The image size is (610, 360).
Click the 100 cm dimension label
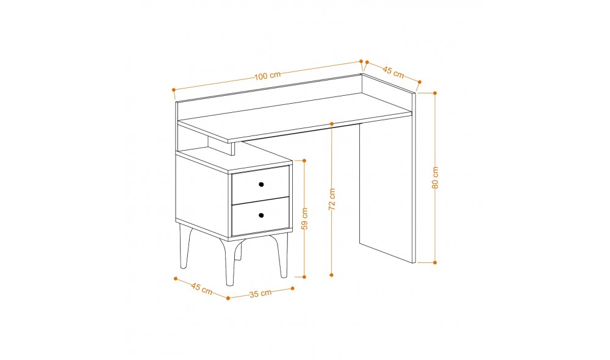click(x=268, y=76)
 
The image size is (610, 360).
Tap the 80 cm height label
click(x=436, y=178)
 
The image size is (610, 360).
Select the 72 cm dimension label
click(x=332, y=200)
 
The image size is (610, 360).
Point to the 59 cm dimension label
click(x=304, y=218)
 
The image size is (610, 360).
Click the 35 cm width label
click(x=260, y=293)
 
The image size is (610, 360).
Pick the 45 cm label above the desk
click(x=393, y=72)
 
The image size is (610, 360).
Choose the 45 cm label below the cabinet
click(x=201, y=289)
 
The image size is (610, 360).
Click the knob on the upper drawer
click(x=261, y=184)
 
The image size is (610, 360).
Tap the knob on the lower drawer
click(x=261, y=215)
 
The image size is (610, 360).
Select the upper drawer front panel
click(x=260, y=184)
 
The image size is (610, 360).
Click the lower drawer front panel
click(x=260, y=216)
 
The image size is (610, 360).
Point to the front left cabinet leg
click(x=184, y=246)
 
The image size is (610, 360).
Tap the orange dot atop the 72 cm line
click(x=331, y=124)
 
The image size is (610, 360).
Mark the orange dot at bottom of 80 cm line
click(x=435, y=263)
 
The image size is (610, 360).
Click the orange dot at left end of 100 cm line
click(x=173, y=90)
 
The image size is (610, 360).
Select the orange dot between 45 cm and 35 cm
click(x=228, y=298)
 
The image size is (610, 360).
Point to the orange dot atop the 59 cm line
click(x=304, y=160)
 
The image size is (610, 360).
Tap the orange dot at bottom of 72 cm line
click(x=331, y=275)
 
